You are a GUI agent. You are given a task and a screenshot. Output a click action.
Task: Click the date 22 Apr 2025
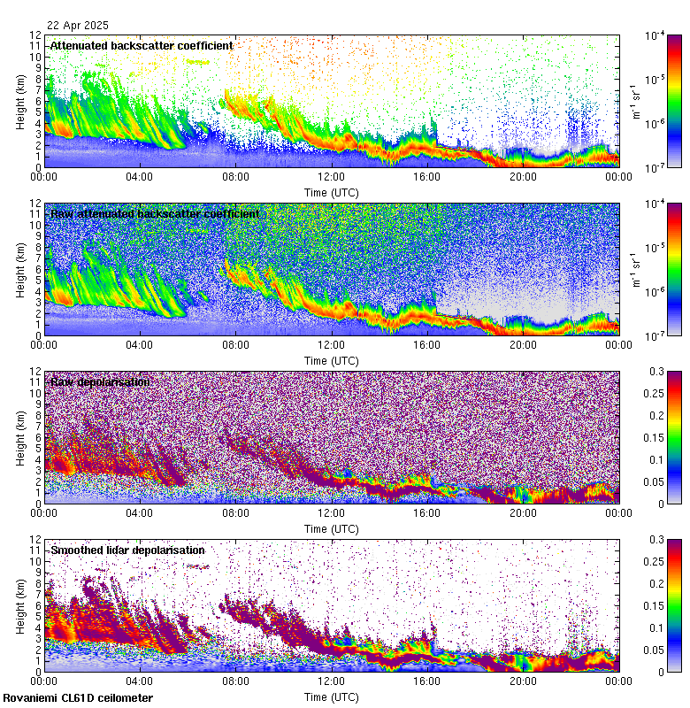click(x=78, y=27)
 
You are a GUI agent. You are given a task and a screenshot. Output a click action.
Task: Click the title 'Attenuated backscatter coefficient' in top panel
click(x=142, y=45)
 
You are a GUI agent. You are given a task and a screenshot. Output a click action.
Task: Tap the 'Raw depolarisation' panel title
click(x=100, y=381)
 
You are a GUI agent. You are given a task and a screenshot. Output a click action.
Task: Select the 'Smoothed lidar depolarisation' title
click(x=128, y=550)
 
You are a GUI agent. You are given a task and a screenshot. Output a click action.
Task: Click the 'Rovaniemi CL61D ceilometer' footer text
click(x=77, y=698)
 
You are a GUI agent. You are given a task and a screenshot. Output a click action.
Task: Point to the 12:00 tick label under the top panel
click(x=331, y=176)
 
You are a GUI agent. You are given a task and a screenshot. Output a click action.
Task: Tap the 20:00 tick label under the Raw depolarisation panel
click(x=523, y=512)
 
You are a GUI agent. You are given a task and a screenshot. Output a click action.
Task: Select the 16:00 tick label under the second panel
click(x=426, y=344)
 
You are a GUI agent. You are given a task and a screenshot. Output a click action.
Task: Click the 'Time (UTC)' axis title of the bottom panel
click(x=331, y=697)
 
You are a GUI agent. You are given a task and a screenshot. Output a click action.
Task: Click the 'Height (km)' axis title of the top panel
click(x=20, y=101)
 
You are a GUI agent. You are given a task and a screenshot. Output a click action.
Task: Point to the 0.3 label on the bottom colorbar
click(x=657, y=540)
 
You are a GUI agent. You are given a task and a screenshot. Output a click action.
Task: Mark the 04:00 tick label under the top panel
click(x=140, y=176)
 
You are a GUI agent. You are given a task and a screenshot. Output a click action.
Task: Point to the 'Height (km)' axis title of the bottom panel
click(x=20, y=605)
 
